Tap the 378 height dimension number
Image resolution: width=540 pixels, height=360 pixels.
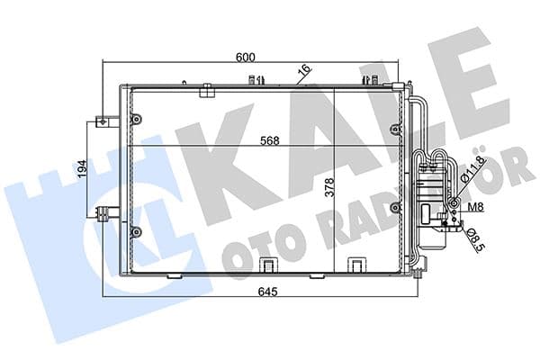pos(329,187)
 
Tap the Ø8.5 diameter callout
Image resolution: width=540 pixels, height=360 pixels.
pos(473,238)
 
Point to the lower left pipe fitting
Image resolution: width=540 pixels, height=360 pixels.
pos(106,213)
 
